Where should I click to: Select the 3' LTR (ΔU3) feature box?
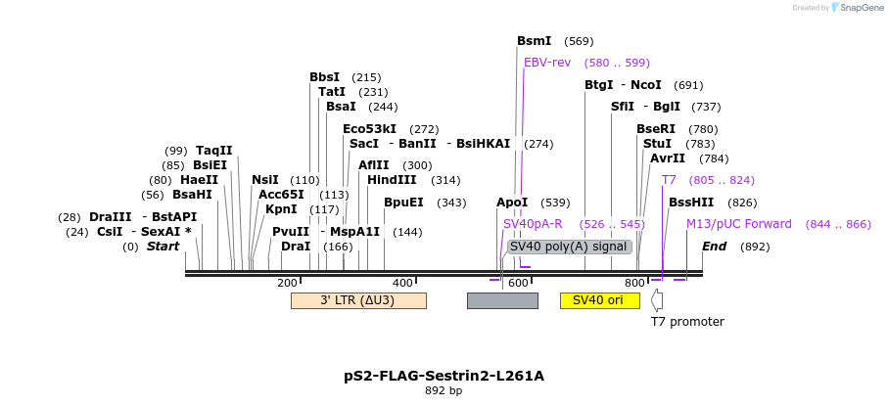(x=358, y=300)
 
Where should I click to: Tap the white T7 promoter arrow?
(x=657, y=300)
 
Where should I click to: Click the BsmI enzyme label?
(x=534, y=41)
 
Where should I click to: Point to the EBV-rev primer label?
(x=547, y=63)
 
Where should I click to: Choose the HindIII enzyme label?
(x=392, y=180)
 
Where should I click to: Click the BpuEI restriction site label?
(x=403, y=203)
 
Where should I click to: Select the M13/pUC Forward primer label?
(x=738, y=224)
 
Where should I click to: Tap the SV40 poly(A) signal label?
(x=568, y=247)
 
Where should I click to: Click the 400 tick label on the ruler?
(x=402, y=283)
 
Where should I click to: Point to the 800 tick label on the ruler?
(x=634, y=283)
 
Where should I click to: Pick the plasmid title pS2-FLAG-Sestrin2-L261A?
(x=444, y=376)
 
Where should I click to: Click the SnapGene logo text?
(x=858, y=8)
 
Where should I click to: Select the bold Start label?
(x=163, y=247)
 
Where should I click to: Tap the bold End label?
(x=714, y=247)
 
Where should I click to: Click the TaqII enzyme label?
(x=213, y=151)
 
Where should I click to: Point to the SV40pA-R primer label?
(x=533, y=224)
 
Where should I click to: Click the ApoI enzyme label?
(x=512, y=203)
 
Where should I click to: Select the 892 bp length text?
(x=444, y=391)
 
